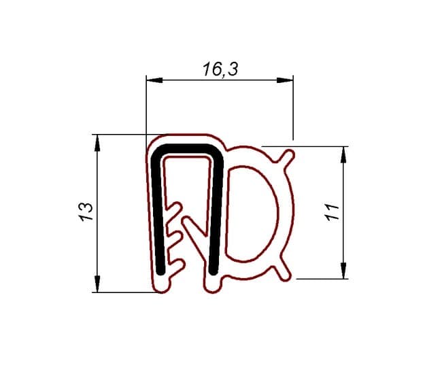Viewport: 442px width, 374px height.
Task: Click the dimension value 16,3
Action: click(220, 69)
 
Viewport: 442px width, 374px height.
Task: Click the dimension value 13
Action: click(86, 211)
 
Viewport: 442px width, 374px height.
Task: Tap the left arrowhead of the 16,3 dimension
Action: click(154, 80)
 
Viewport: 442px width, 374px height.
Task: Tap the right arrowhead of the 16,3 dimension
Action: click(285, 80)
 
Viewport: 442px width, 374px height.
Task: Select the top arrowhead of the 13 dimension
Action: click(97, 143)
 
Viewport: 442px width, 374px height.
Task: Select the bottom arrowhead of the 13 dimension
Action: click(97, 284)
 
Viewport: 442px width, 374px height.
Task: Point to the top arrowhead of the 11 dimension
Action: click(343, 155)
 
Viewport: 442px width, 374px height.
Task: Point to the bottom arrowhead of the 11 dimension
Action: click(343, 271)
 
